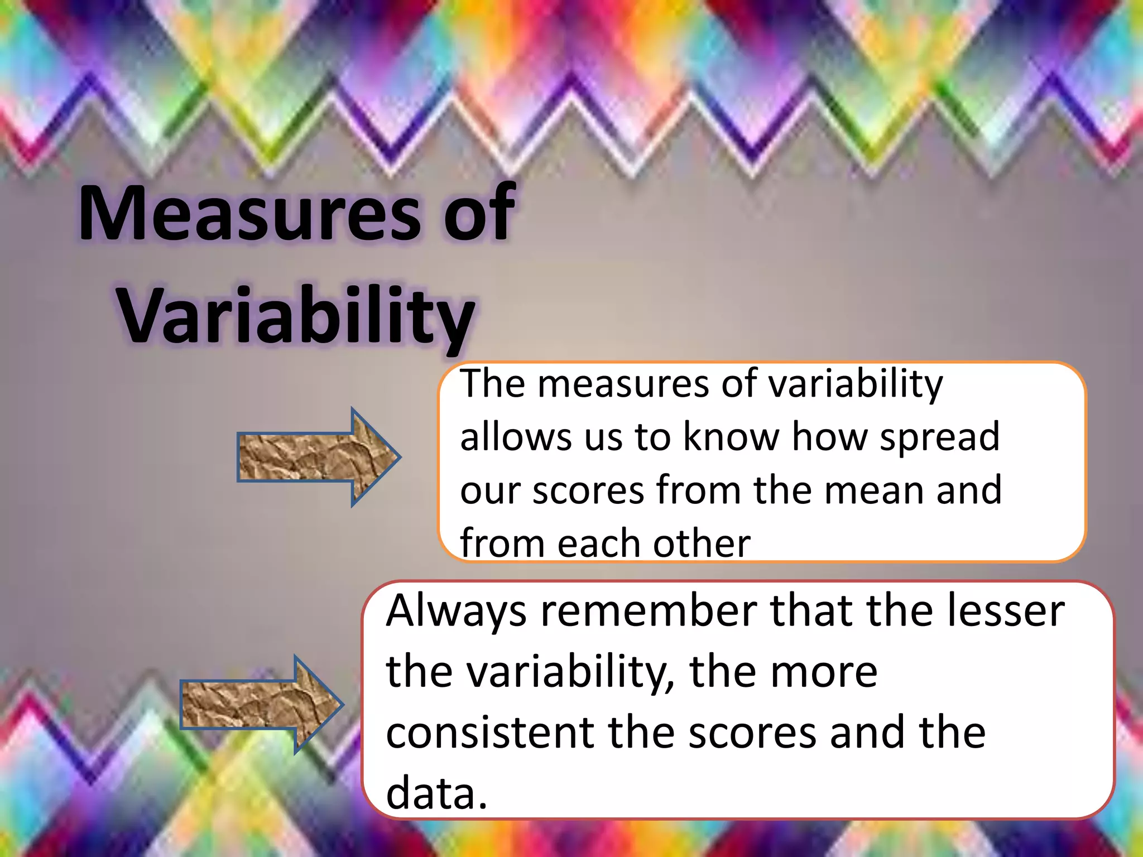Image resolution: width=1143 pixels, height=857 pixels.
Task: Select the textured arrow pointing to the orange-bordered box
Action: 318,457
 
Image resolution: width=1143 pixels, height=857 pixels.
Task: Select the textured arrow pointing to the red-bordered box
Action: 261,705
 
